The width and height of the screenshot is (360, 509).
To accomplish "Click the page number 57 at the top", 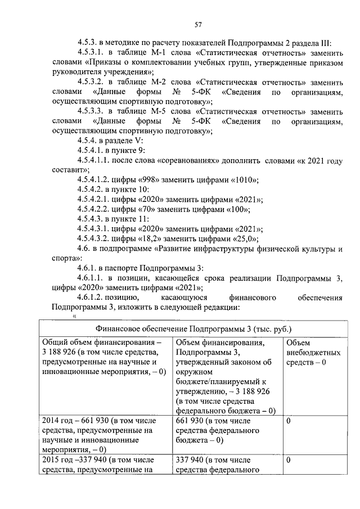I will click(x=198, y=24).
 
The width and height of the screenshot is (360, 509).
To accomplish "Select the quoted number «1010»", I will click(x=242, y=181).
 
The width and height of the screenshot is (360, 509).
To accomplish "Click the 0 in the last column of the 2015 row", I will click(x=289, y=460).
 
